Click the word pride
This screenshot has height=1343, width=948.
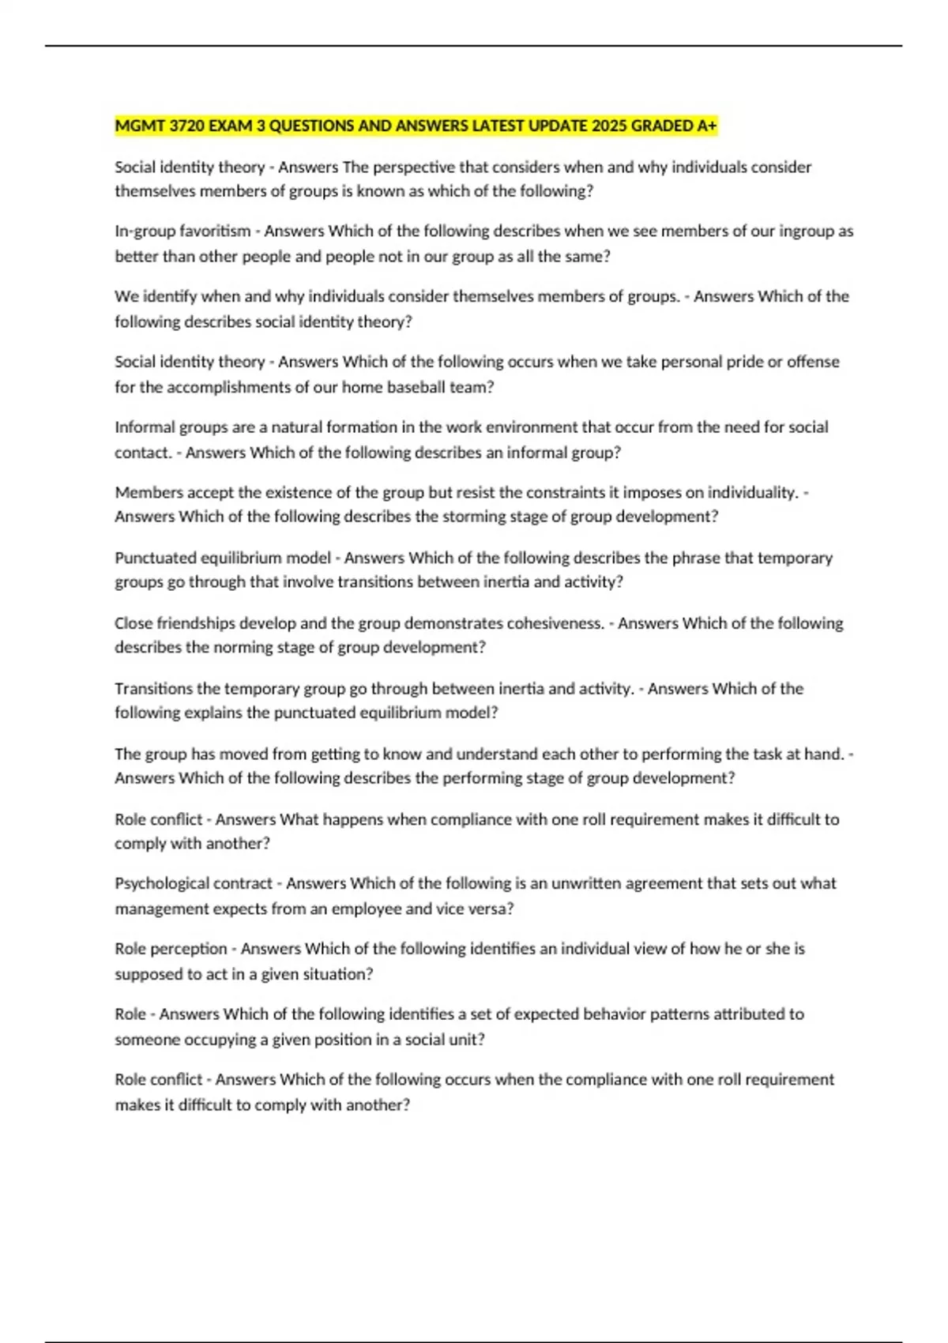743,362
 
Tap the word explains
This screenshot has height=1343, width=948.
213,713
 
